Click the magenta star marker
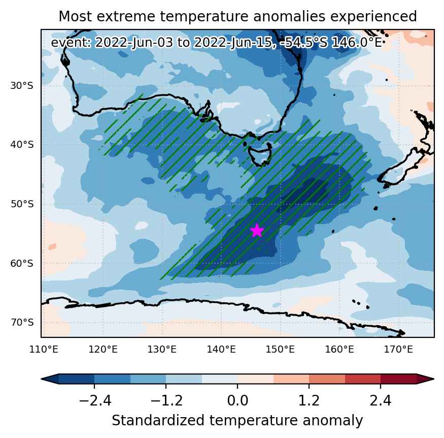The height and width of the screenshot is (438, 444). point(257,231)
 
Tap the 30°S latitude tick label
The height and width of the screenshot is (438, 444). point(22,85)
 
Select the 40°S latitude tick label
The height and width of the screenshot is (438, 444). point(22,145)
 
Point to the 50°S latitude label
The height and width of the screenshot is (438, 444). point(22,204)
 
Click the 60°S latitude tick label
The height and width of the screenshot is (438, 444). point(22,263)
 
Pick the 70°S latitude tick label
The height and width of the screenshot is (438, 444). point(22,323)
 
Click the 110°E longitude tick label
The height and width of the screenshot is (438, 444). point(44,350)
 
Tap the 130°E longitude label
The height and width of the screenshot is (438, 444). point(162,350)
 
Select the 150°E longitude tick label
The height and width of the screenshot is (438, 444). point(280,350)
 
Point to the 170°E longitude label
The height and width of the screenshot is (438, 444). point(398,350)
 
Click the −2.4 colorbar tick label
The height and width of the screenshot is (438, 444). point(94,401)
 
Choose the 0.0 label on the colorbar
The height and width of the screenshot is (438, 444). point(237,401)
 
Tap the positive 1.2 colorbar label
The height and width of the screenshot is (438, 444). point(309,401)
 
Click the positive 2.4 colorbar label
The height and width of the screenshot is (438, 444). point(381,401)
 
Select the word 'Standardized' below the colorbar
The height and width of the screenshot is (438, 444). point(158,420)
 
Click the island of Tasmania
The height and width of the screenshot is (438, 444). point(260,155)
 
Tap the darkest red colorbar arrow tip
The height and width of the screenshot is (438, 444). point(433,379)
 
